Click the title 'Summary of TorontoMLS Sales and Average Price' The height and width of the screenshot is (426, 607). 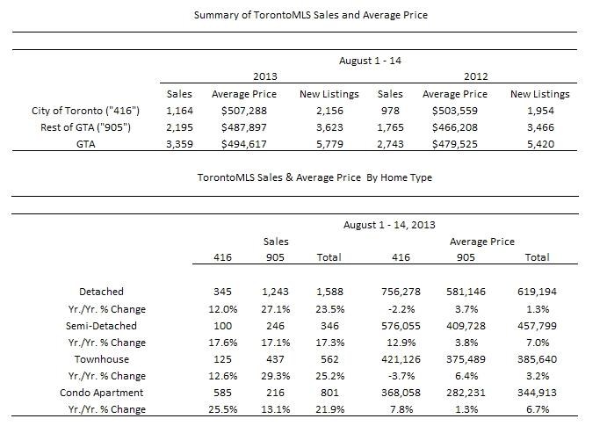(x=310, y=15)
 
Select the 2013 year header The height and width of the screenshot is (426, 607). (x=265, y=76)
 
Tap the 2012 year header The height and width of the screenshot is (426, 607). (x=476, y=76)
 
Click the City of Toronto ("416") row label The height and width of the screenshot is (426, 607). (x=85, y=111)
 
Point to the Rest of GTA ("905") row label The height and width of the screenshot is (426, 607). (x=85, y=127)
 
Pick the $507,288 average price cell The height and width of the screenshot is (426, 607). (x=244, y=111)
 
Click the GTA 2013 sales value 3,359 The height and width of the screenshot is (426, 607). (x=179, y=144)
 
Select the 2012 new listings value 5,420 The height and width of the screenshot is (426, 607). (x=540, y=144)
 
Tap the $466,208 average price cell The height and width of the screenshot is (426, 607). (x=455, y=127)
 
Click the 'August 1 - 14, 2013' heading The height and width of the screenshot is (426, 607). (x=389, y=225)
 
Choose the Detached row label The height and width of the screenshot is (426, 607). (x=101, y=292)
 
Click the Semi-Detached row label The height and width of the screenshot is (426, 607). (x=101, y=326)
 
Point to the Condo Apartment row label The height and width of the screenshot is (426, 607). (x=101, y=393)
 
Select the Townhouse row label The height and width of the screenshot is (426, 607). (x=102, y=359)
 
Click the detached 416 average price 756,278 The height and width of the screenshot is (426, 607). (x=401, y=292)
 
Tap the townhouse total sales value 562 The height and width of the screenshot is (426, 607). (x=329, y=359)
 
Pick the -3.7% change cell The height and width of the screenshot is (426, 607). (x=401, y=376)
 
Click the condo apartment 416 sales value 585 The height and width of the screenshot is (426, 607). (x=222, y=393)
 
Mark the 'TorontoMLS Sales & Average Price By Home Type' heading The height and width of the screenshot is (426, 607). (x=314, y=177)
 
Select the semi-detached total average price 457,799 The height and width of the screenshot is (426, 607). (x=537, y=326)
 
